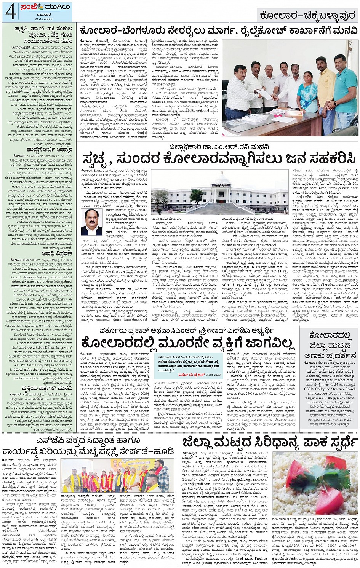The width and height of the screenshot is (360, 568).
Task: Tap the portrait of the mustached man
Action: coord(91,222)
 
